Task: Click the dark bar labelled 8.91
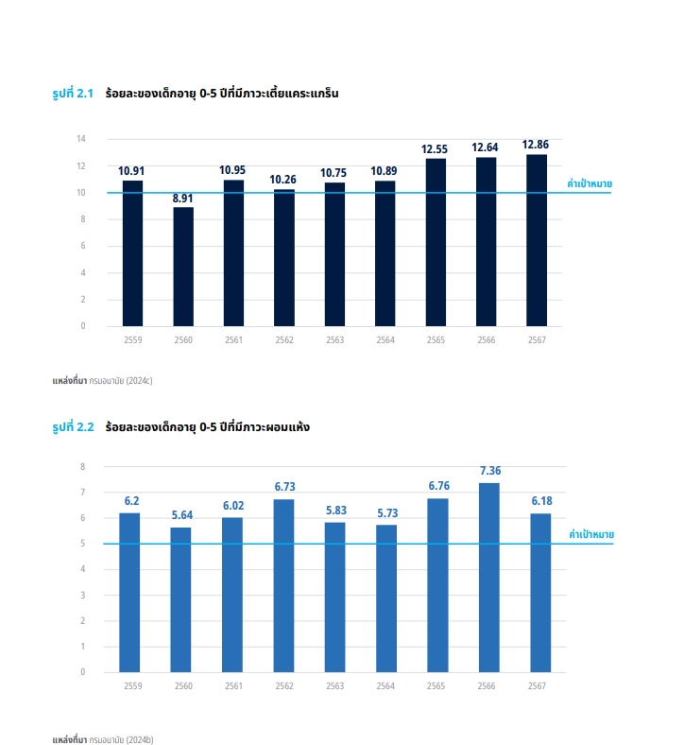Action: pos(183,267)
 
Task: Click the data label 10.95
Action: pos(232,170)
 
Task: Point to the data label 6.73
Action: pos(284,487)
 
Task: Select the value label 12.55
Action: pos(435,149)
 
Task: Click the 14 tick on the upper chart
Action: pos(81,139)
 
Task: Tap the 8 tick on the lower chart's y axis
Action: pos(82,466)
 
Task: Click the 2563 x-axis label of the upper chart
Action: pos(334,339)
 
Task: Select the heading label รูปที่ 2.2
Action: pos(73,427)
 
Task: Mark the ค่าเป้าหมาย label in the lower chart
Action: pos(591,534)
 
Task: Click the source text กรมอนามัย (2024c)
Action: pos(121,382)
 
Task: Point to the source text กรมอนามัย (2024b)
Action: pos(121,736)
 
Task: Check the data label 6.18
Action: pos(539,501)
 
